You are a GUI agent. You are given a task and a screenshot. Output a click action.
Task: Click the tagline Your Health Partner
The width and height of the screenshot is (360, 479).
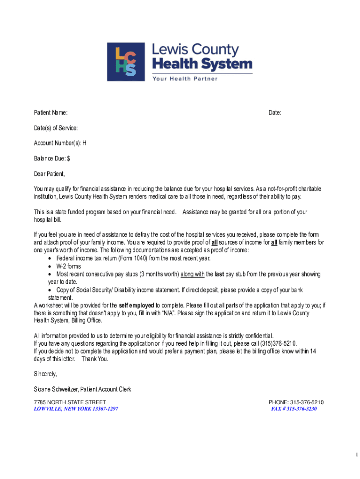click(184, 79)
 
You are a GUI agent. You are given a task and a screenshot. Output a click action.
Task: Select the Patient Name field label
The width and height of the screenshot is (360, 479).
click(50, 113)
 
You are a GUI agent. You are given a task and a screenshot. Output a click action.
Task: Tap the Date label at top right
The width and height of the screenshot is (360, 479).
click(274, 113)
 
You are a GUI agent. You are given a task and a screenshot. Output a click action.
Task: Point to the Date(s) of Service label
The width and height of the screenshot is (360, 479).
click(56, 128)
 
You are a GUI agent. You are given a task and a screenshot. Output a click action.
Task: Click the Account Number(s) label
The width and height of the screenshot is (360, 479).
click(60, 143)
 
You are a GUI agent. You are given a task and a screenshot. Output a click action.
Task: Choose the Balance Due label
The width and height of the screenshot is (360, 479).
click(51, 159)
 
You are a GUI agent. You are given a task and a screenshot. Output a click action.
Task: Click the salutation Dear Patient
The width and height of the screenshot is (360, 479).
click(49, 174)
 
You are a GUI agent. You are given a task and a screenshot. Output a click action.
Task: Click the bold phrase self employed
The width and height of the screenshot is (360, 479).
click(137, 305)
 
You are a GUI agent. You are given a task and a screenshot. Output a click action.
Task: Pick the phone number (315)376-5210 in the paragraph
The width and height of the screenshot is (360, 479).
click(278, 343)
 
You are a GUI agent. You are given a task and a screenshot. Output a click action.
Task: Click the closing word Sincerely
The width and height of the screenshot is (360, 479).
click(45, 374)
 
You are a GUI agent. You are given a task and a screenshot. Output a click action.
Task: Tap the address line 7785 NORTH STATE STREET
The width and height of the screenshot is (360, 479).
click(70, 402)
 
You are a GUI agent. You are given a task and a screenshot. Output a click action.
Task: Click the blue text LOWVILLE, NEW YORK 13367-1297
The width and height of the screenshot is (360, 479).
click(76, 409)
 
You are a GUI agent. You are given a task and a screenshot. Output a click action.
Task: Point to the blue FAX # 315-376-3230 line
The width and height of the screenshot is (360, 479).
click(294, 409)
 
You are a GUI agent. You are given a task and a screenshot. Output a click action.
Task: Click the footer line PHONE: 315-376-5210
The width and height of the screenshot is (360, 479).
click(296, 402)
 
